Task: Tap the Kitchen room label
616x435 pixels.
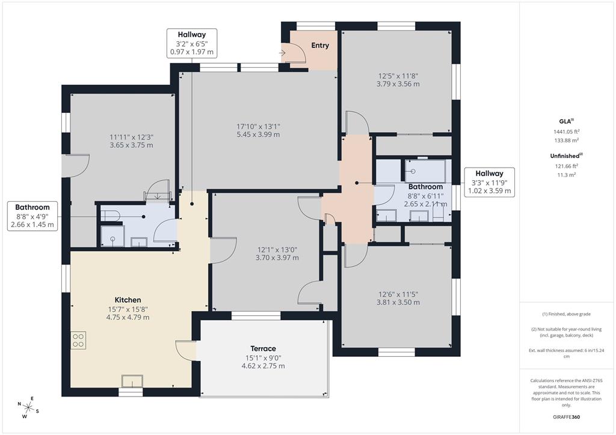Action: (128, 300)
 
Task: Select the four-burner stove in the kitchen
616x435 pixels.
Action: (78, 341)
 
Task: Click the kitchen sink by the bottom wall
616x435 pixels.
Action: (132, 382)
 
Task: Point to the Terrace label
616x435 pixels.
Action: (263, 348)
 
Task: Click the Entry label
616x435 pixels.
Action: (319, 46)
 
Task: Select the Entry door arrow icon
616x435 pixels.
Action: (283, 53)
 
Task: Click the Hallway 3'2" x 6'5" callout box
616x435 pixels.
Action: (191, 43)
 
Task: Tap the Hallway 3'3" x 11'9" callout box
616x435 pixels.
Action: (489, 182)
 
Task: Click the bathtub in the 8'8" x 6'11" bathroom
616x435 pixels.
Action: (425, 171)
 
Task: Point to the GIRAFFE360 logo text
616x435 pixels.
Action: (567, 416)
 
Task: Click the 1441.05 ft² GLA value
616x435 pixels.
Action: (567, 132)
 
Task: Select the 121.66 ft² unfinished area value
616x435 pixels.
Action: (567, 166)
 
